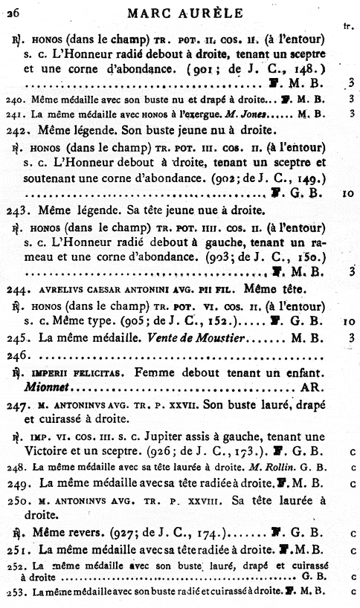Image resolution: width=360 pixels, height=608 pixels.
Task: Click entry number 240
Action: coord(14,98)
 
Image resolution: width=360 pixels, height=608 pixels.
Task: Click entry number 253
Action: coord(14,592)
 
